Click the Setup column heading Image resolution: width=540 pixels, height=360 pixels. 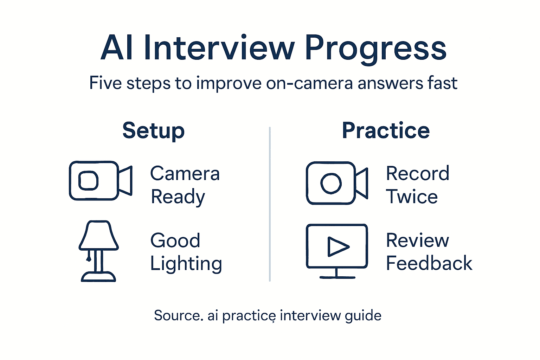pyautogui.click(x=153, y=131)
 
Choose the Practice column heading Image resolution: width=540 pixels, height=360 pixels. pyautogui.click(x=386, y=131)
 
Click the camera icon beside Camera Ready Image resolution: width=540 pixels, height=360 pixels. pyautogui.click(x=100, y=181)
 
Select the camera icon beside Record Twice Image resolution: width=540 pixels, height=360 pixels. pyautogui.click(x=337, y=183)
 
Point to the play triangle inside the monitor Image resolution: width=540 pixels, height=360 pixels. pyautogui.click(x=337, y=246)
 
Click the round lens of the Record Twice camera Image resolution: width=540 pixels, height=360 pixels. pyautogui.click(x=331, y=183)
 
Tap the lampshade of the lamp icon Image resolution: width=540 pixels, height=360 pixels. pyautogui.click(x=98, y=235)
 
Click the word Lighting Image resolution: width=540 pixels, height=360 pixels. pyautogui.click(x=186, y=264)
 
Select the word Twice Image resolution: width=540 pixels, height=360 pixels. pyautogui.click(x=412, y=197)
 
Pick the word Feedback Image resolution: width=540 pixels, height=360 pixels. pyautogui.click(x=429, y=263)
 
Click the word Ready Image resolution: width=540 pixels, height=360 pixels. pyautogui.click(x=178, y=197)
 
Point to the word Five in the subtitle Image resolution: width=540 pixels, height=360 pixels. pyautogui.click(x=105, y=83)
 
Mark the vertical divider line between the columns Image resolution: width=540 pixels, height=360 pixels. pyautogui.click(x=270, y=204)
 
